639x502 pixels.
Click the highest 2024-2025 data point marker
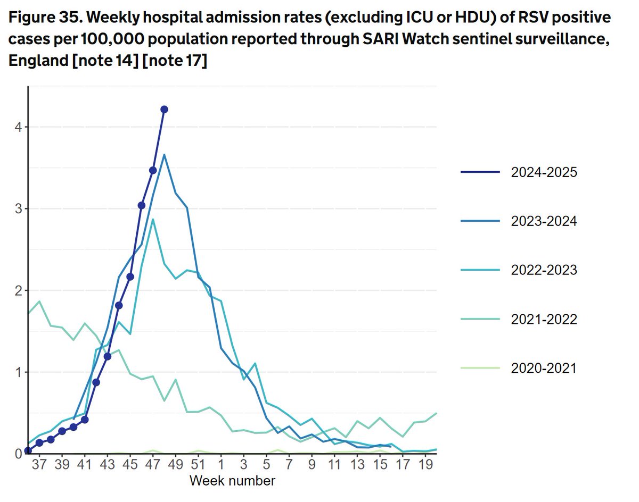(164, 109)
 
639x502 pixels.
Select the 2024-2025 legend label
(543, 172)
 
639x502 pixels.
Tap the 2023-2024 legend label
(543, 221)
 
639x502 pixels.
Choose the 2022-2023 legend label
(543, 270)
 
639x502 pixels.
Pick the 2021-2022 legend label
(543, 319)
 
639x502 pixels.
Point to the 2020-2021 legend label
(543, 368)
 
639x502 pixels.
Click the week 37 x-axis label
(39, 465)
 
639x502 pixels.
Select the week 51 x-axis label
(198, 465)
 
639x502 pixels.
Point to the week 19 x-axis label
(425, 465)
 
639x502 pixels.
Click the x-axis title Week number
(233, 481)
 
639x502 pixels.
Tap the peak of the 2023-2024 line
(165, 155)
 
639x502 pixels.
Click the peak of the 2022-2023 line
(153, 219)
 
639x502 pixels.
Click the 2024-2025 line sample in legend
(481, 172)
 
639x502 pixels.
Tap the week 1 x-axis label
(221, 465)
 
